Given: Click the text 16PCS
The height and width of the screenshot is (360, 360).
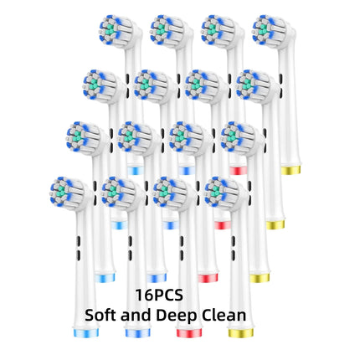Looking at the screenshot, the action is [159, 295].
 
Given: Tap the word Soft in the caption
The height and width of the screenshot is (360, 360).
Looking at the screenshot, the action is [100, 315].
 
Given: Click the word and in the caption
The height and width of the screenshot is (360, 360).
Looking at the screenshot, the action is [136, 315].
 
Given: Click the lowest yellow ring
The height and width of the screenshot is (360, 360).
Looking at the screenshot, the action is [241, 332].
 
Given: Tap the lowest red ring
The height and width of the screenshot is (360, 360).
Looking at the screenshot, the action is [189, 332].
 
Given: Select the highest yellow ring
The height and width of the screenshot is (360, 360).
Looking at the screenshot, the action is [291, 170].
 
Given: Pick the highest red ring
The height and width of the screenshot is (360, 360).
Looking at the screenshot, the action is [239, 171].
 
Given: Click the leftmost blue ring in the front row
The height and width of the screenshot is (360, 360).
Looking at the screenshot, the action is [86, 332].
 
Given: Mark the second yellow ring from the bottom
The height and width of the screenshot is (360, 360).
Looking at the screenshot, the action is [260, 278].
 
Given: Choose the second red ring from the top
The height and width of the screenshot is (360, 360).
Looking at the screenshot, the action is [223, 225].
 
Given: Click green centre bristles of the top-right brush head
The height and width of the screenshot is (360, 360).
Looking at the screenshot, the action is [262, 29].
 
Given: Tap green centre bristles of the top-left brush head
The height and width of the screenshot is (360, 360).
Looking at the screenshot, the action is [110, 29].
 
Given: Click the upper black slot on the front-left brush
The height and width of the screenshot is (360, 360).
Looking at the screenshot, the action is [78, 240].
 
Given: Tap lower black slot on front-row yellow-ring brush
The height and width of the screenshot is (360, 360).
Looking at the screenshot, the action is [233, 255].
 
